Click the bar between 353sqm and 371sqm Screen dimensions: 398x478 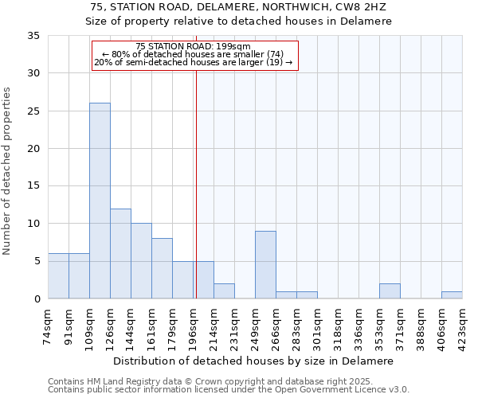[x=390, y=291]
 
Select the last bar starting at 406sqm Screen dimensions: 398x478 [x=452, y=295]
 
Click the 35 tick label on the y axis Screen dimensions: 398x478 [x=33, y=36]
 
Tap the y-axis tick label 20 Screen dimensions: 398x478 [x=33, y=149]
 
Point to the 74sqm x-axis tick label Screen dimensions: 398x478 [x=48, y=325]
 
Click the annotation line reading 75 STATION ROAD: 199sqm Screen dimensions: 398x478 [x=194, y=47]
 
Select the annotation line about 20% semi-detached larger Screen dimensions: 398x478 [x=194, y=62]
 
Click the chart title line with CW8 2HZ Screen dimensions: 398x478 [x=239, y=7]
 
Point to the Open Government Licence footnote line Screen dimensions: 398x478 [x=229, y=390]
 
